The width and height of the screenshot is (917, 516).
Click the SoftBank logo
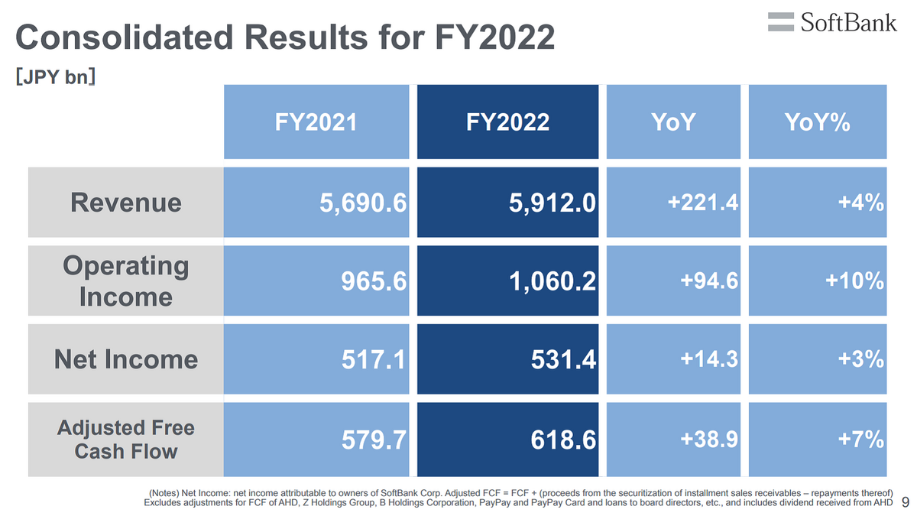(832, 22)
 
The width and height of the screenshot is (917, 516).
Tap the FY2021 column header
(316, 122)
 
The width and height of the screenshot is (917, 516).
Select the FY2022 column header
(507, 122)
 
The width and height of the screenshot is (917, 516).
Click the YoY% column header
(817, 122)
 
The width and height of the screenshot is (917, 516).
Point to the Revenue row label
(125, 203)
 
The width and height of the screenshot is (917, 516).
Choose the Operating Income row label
(125, 281)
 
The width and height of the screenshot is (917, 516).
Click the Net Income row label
(125, 359)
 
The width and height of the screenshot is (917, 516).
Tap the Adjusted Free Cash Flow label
(125, 440)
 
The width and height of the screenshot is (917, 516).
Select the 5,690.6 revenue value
(363, 203)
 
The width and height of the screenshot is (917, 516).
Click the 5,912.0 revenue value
(552, 203)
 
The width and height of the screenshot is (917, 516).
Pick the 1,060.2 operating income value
(552, 281)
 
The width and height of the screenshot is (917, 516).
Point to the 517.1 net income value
(374, 359)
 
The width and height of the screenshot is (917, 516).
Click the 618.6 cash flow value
(563, 440)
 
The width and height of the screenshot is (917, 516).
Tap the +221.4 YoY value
(703, 203)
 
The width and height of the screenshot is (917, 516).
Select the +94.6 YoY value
(709, 281)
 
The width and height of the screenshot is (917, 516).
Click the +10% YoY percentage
(855, 281)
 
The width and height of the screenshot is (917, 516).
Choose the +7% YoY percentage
(861, 440)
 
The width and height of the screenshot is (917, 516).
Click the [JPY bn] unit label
(55, 76)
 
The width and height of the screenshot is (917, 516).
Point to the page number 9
(906, 501)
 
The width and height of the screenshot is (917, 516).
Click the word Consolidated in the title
(125, 37)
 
